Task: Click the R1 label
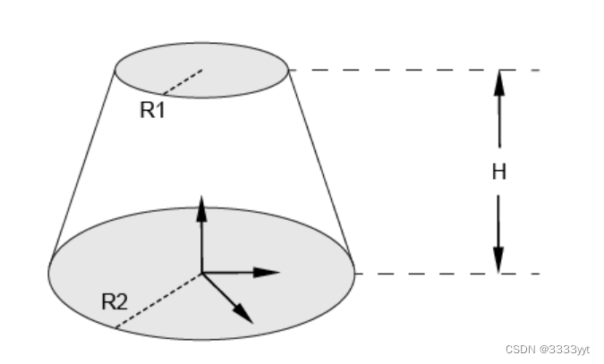[x=153, y=111]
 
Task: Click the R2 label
[x=114, y=301]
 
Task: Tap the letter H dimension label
[x=499, y=173]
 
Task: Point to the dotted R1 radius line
[x=183, y=80]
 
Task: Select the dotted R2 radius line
[x=158, y=300]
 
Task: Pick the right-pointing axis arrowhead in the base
[x=268, y=272]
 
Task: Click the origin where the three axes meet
[x=202, y=272]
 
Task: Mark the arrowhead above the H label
[x=499, y=82]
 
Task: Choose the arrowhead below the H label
[x=499, y=259]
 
